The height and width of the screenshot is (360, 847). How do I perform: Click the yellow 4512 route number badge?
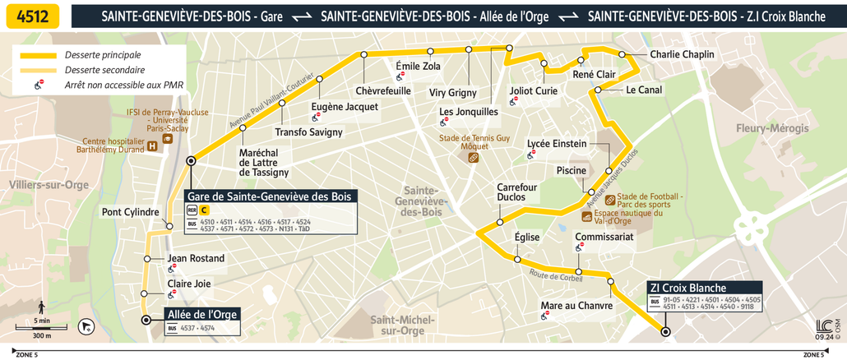point(31,16)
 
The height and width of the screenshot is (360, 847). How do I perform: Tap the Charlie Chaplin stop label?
point(682,55)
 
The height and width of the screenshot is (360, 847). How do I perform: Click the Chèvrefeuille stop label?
point(383,90)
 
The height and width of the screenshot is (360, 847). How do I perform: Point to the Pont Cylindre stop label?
point(130,212)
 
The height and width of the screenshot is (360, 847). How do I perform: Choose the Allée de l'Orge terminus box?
point(202,314)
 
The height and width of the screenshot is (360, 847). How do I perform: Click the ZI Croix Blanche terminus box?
point(687,288)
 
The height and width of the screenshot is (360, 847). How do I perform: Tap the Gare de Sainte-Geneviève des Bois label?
point(270,196)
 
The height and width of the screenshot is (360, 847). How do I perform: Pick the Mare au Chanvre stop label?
point(576,307)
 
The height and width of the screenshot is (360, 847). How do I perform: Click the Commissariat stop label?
point(604,237)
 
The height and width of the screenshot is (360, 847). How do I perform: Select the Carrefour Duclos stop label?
point(516,192)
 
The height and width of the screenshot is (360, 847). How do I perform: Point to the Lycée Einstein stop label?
point(557,144)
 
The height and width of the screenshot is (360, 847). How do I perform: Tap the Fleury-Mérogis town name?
point(772,128)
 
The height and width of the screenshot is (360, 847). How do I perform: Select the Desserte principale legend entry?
point(103,55)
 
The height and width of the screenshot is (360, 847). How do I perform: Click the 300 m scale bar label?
point(41,335)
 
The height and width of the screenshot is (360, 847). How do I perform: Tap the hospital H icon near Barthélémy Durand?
point(153,146)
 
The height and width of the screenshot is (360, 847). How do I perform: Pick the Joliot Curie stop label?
point(533,91)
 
